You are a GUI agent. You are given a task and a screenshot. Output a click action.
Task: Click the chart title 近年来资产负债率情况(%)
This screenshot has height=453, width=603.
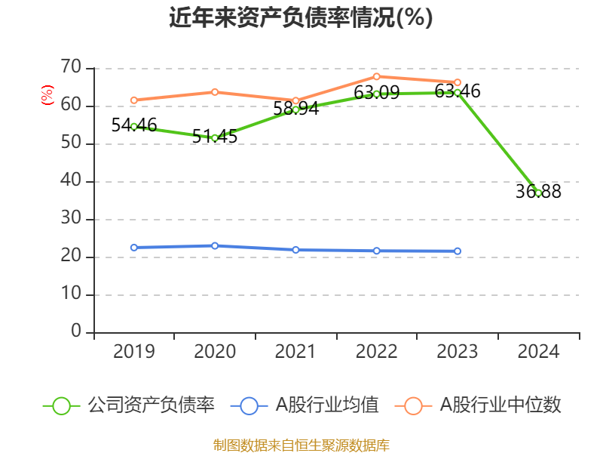coord(301,17)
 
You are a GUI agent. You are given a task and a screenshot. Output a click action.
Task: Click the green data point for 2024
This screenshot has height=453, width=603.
coord(538,193)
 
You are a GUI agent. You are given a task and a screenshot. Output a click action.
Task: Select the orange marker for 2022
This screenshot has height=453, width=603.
coord(376,77)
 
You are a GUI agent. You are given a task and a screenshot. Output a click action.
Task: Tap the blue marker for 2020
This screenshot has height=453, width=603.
coord(215,246)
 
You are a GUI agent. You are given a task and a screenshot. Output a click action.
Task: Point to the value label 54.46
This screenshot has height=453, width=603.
coord(134,125)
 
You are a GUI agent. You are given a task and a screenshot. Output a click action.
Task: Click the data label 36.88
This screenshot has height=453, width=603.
coord(538,191)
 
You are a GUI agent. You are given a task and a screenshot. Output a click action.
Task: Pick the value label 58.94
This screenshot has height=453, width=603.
coord(295,108)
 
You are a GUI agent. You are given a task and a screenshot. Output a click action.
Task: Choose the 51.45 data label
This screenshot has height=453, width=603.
coord(215,136)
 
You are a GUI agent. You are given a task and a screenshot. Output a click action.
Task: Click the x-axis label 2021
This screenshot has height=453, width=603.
coord(295,351)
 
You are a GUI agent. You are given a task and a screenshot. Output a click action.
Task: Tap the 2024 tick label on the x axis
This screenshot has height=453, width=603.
coord(538,351)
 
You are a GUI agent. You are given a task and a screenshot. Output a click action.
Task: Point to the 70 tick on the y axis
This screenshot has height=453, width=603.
coord(71,66)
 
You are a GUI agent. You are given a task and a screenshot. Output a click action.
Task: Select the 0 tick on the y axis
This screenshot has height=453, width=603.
coord(76,331)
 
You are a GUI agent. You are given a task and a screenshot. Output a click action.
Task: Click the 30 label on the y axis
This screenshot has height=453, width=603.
coord(71,218)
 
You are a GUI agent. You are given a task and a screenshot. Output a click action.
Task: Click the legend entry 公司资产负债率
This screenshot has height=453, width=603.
coord(128,405)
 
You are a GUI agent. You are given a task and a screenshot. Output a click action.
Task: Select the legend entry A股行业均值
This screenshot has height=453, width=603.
coord(305,405)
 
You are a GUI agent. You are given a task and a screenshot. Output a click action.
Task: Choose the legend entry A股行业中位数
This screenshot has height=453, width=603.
coord(478,405)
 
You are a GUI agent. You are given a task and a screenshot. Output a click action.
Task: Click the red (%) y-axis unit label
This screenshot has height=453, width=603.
coord(47,95)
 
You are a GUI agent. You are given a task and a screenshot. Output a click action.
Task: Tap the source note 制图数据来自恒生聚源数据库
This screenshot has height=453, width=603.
coord(301,445)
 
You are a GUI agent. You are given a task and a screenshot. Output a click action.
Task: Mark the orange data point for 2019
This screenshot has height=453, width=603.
coord(134,100)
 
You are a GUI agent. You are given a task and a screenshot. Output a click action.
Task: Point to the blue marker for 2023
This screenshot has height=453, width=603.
coord(458,251)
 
